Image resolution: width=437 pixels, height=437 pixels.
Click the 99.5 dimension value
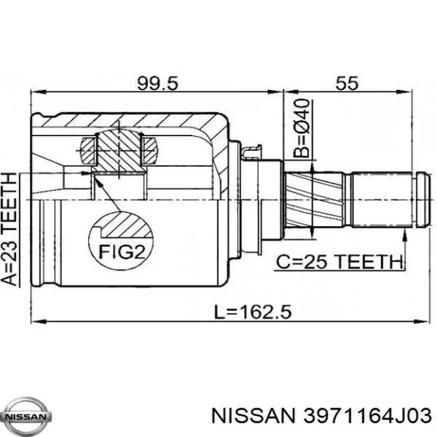[157, 83]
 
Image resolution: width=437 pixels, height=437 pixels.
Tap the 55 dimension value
[347, 83]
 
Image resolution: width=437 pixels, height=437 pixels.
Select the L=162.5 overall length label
[252, 312]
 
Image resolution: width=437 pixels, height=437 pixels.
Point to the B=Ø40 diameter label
[302, 128]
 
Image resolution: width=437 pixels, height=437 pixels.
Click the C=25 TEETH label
[340, 262]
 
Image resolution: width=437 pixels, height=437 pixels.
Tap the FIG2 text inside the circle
[122, 252]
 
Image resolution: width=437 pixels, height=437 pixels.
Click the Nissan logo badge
[26, 417]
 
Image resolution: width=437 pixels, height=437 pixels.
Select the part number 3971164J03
[367, 416]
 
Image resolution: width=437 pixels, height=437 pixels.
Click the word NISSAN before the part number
[253, 416]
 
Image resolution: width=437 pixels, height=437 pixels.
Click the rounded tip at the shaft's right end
[425, 200]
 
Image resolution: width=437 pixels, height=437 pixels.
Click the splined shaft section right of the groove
[382, 200]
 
